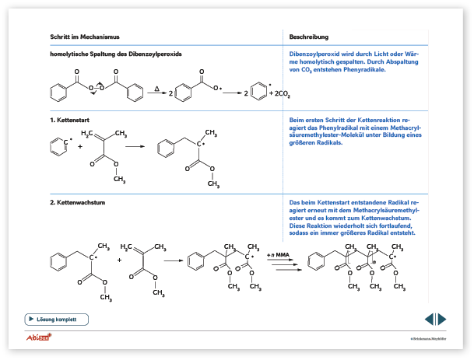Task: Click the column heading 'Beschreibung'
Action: [x=308, y=37]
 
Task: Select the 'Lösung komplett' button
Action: [x=57, y=319]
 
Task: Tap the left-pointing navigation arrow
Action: [x=428, y=319]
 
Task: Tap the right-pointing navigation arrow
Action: [x=442, y=319]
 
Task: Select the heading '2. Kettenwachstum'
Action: [x=75, y=201]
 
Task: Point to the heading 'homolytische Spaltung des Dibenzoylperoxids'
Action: [x=116, y=54]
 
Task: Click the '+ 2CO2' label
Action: [x=278, y=94]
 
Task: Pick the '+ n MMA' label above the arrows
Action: [x=279, y=255]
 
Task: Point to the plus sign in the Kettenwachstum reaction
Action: [x=120, y=259]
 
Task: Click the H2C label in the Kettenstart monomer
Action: [x=90, y=134]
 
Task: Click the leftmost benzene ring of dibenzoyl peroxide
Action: [x=59, y=94]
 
